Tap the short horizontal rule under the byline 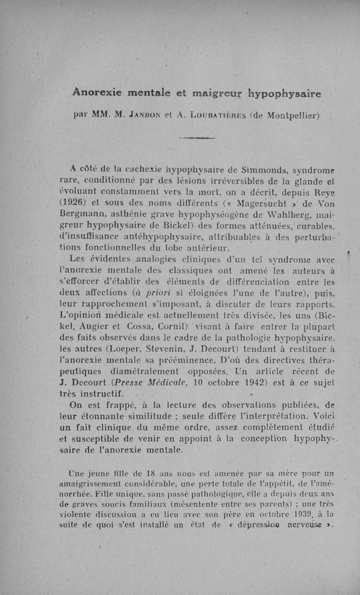pos(197,138)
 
